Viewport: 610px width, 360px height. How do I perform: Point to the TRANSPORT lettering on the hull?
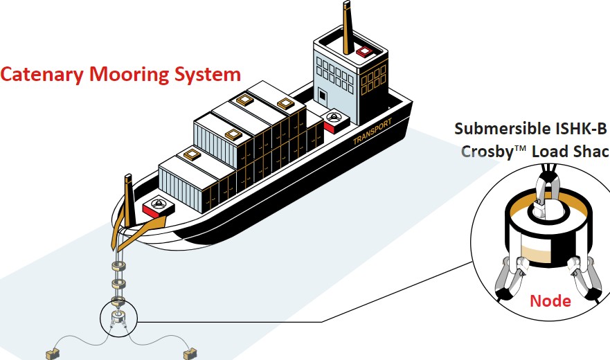click(373, 132)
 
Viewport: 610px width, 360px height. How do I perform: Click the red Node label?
click(550, 300)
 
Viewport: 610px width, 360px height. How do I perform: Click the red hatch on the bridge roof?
click(364, 51)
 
